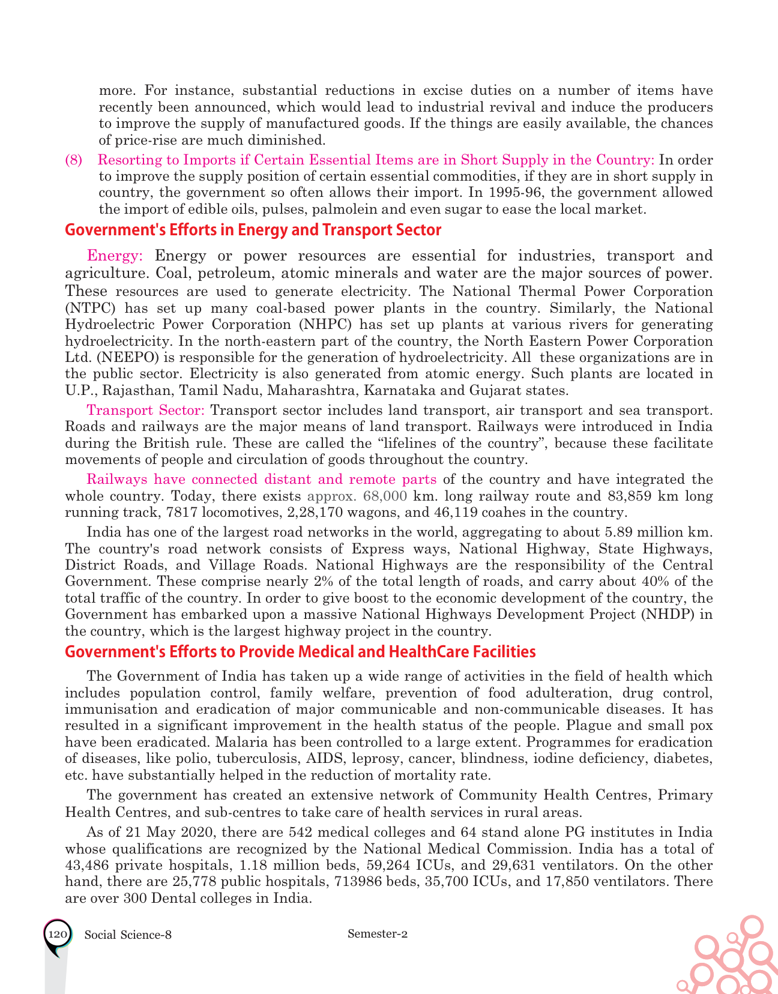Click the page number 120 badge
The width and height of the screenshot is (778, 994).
58,935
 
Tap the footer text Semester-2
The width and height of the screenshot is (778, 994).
378,933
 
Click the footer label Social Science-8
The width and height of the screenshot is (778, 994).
128,935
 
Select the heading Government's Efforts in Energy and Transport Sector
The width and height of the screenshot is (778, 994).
253,230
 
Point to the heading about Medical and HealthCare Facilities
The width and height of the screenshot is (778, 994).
300,652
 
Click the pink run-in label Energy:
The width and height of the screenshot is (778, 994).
115,256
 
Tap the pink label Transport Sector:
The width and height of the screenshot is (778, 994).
146,411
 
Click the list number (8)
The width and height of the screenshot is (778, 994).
74,160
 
